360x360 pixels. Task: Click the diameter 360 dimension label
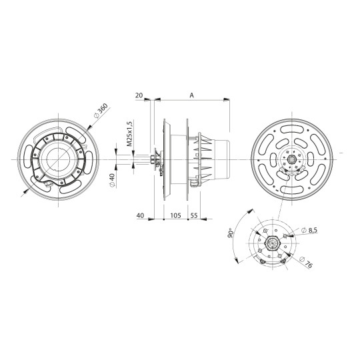click(100, 111)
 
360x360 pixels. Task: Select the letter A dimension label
click(191, 96)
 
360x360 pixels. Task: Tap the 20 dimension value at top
click(139, 96)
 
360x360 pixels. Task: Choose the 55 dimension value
click(194, 215)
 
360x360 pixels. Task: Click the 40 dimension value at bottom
click(140, 215)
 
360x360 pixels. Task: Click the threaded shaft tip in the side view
click(137, 160)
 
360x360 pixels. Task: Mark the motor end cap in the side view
click(224, 160)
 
